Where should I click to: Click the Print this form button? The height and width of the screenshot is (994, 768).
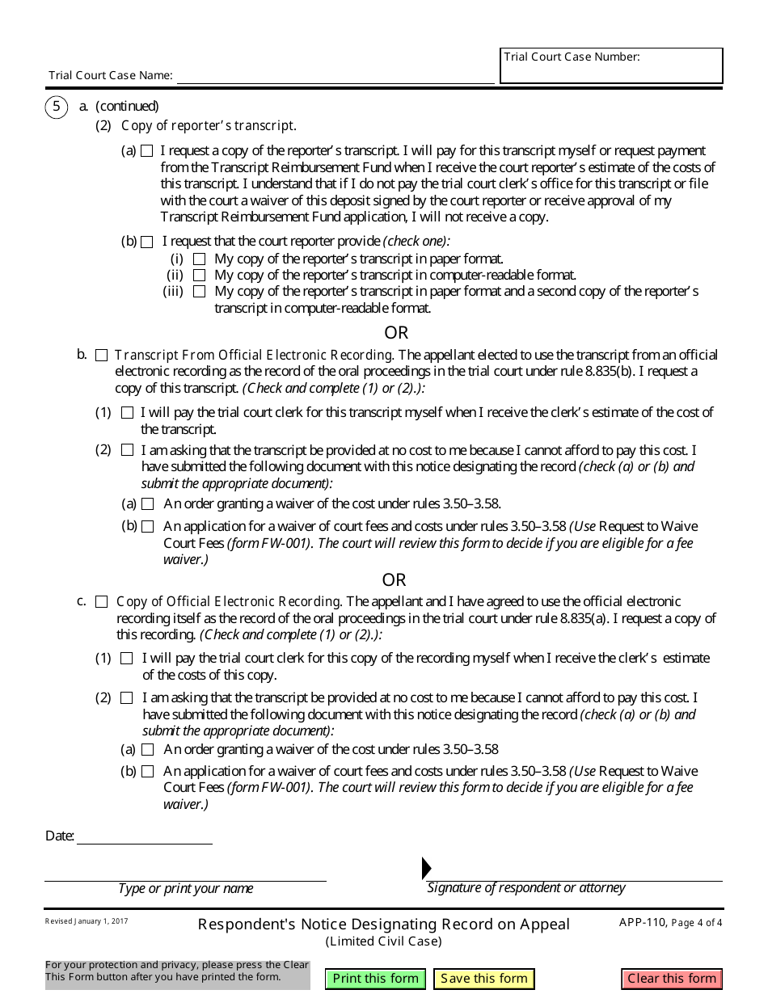click(x=375, y=979)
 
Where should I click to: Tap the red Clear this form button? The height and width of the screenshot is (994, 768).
click(x=671, y=979)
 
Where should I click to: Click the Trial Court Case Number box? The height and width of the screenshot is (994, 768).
click(x=611, y=70)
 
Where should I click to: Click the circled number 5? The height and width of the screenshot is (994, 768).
click(x=57, y=106)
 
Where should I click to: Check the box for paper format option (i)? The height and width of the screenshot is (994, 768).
click(x=199, y=259)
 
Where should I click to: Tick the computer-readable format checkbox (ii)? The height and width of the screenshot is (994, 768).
click(x=199, y=276)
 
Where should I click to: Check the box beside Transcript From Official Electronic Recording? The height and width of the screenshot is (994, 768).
click(x=101, y=356)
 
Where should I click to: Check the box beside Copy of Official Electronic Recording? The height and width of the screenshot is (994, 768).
click(x=101, y=602)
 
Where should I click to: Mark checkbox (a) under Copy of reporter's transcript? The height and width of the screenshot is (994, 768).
click(x=147, y=151)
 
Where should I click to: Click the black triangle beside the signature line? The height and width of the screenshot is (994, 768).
click(x=426, y=868)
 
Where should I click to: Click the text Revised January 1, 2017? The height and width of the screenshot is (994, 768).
click(x=87, y=921)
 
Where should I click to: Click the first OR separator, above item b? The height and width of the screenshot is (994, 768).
click(x=396, y=333)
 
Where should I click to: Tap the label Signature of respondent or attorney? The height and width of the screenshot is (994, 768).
click(x=526, y=888)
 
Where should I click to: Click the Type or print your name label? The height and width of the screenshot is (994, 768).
click(x=185, y=889)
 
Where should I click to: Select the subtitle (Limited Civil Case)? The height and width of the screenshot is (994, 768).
click(x=384, y=941)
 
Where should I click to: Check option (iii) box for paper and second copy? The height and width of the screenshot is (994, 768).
click(x=199, y=292)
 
